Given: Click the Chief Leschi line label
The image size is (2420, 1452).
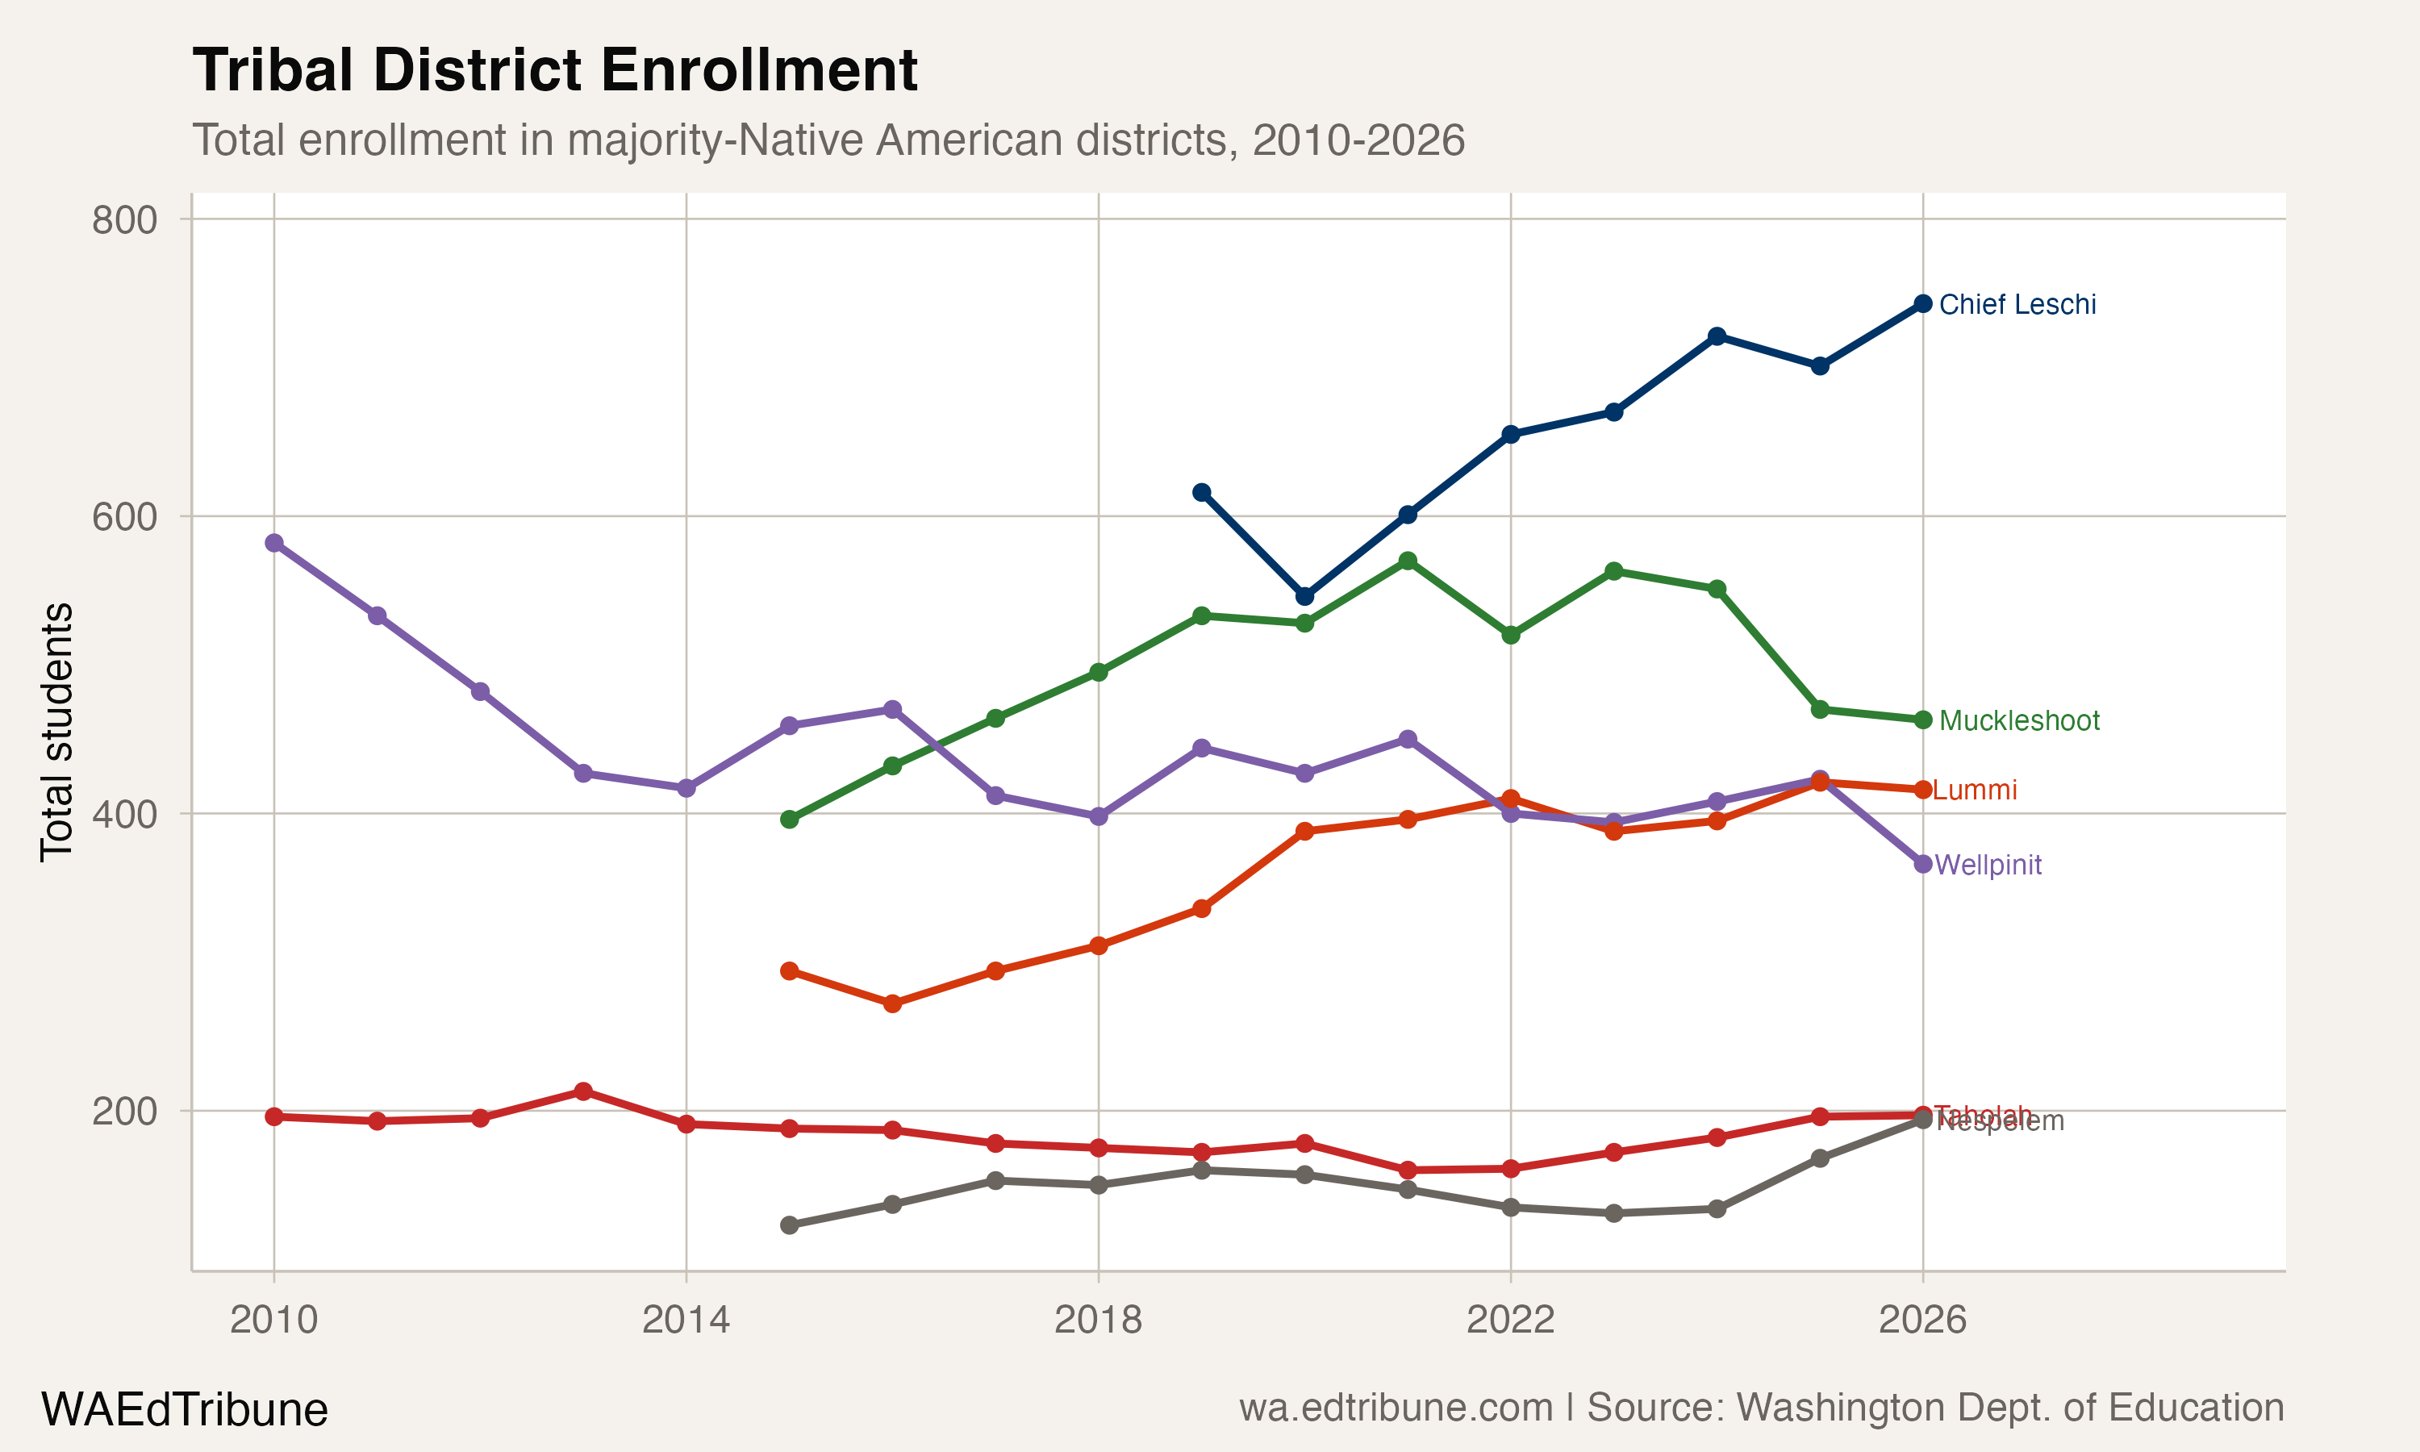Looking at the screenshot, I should click(2017, 304).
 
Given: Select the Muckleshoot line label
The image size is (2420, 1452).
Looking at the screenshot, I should click(2019, 720).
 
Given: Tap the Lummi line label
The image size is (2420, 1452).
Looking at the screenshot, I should click(1975, 790).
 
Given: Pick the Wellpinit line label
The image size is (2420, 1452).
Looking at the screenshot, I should click(1988, 865).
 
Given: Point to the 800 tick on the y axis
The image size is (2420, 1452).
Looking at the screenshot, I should click(124, 220).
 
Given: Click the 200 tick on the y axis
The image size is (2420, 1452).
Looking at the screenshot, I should click(124, 1112).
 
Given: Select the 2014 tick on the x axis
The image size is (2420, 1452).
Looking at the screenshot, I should click(686, 1321).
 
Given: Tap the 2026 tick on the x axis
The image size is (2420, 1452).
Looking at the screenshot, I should click(1922, 1321).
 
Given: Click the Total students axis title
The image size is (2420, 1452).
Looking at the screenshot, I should click(56, 732).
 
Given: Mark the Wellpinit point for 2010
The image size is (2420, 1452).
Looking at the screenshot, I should click(274, 543).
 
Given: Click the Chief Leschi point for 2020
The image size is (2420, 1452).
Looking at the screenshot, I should click(1304, 596).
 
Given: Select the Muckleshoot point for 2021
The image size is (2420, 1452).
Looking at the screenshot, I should click(1408, 561).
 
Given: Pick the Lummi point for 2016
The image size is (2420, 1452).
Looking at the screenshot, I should click(892, 1003).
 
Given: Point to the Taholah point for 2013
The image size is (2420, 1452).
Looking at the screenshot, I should click(583, 1091).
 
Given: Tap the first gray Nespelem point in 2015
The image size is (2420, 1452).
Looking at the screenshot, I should click(790, 1225).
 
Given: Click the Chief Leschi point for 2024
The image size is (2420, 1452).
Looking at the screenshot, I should click(1717, 336).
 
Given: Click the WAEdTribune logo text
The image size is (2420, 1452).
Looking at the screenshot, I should click(184, 1410).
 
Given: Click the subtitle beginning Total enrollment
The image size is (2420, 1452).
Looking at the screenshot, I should click(828, 140).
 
